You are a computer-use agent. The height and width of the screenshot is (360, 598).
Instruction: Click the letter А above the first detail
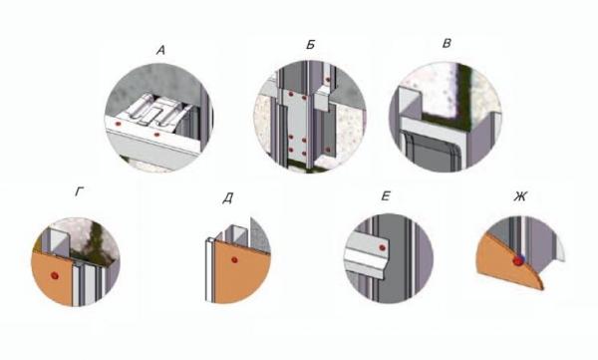(160, 51)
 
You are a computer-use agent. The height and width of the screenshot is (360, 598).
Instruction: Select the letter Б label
(310, 45)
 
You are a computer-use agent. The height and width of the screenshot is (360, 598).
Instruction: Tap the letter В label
(447, 44)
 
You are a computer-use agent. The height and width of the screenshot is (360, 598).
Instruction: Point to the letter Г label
(80, 192)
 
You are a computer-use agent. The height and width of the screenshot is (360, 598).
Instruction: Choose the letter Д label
(227, 198)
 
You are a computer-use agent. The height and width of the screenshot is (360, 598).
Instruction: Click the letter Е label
(386, 196)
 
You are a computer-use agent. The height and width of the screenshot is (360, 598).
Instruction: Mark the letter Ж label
(520, 196)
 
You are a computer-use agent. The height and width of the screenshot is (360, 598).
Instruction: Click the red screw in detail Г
(55, 275)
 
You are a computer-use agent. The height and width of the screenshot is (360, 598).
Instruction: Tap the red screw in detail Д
(234, 260)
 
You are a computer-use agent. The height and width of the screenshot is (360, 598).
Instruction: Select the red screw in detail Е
(382, 247)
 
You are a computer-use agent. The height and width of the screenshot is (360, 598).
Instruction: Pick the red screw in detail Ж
(518, 261)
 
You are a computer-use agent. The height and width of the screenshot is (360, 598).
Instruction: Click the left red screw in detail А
(118, 124)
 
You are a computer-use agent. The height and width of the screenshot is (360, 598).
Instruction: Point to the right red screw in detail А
(156, 135)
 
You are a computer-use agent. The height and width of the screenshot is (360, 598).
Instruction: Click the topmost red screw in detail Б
(327, 80)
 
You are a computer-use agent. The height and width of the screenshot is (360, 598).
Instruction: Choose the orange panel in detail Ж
(509, 263)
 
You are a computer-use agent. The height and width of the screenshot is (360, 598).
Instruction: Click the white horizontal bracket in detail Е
(367, 253)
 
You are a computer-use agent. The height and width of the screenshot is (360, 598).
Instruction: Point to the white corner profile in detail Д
(210, 270)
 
